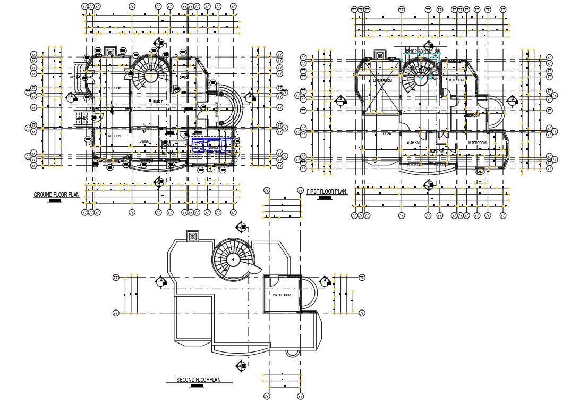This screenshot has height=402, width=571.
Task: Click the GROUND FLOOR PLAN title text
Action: click(x=56, y=195)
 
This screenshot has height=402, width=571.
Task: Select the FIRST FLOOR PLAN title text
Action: click(x=326, y=191)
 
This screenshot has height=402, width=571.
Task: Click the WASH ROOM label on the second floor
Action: click(x=282, y=295)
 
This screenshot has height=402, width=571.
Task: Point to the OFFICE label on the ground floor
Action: click(x=184, y=78)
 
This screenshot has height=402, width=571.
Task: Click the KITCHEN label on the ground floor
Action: click(x=114, y=136)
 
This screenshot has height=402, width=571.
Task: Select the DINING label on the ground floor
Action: click(x=144, y=141)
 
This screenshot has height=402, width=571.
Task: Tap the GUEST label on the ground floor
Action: click(x=157, y=101)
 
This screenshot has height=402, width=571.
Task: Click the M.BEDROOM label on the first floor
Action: click(x=477, y=144)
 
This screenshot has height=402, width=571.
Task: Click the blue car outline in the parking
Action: click(x=211, y=145)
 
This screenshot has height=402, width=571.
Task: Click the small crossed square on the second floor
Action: click(x=192, y=236)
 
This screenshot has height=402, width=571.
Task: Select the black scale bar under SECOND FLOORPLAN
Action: click(x=197, y=387)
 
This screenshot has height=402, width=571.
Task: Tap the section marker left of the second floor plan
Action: click(x=161, y=281)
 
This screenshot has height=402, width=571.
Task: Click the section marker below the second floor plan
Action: click(x=242, y=365)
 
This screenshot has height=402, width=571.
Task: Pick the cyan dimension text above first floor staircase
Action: click(x=423, y=52)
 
